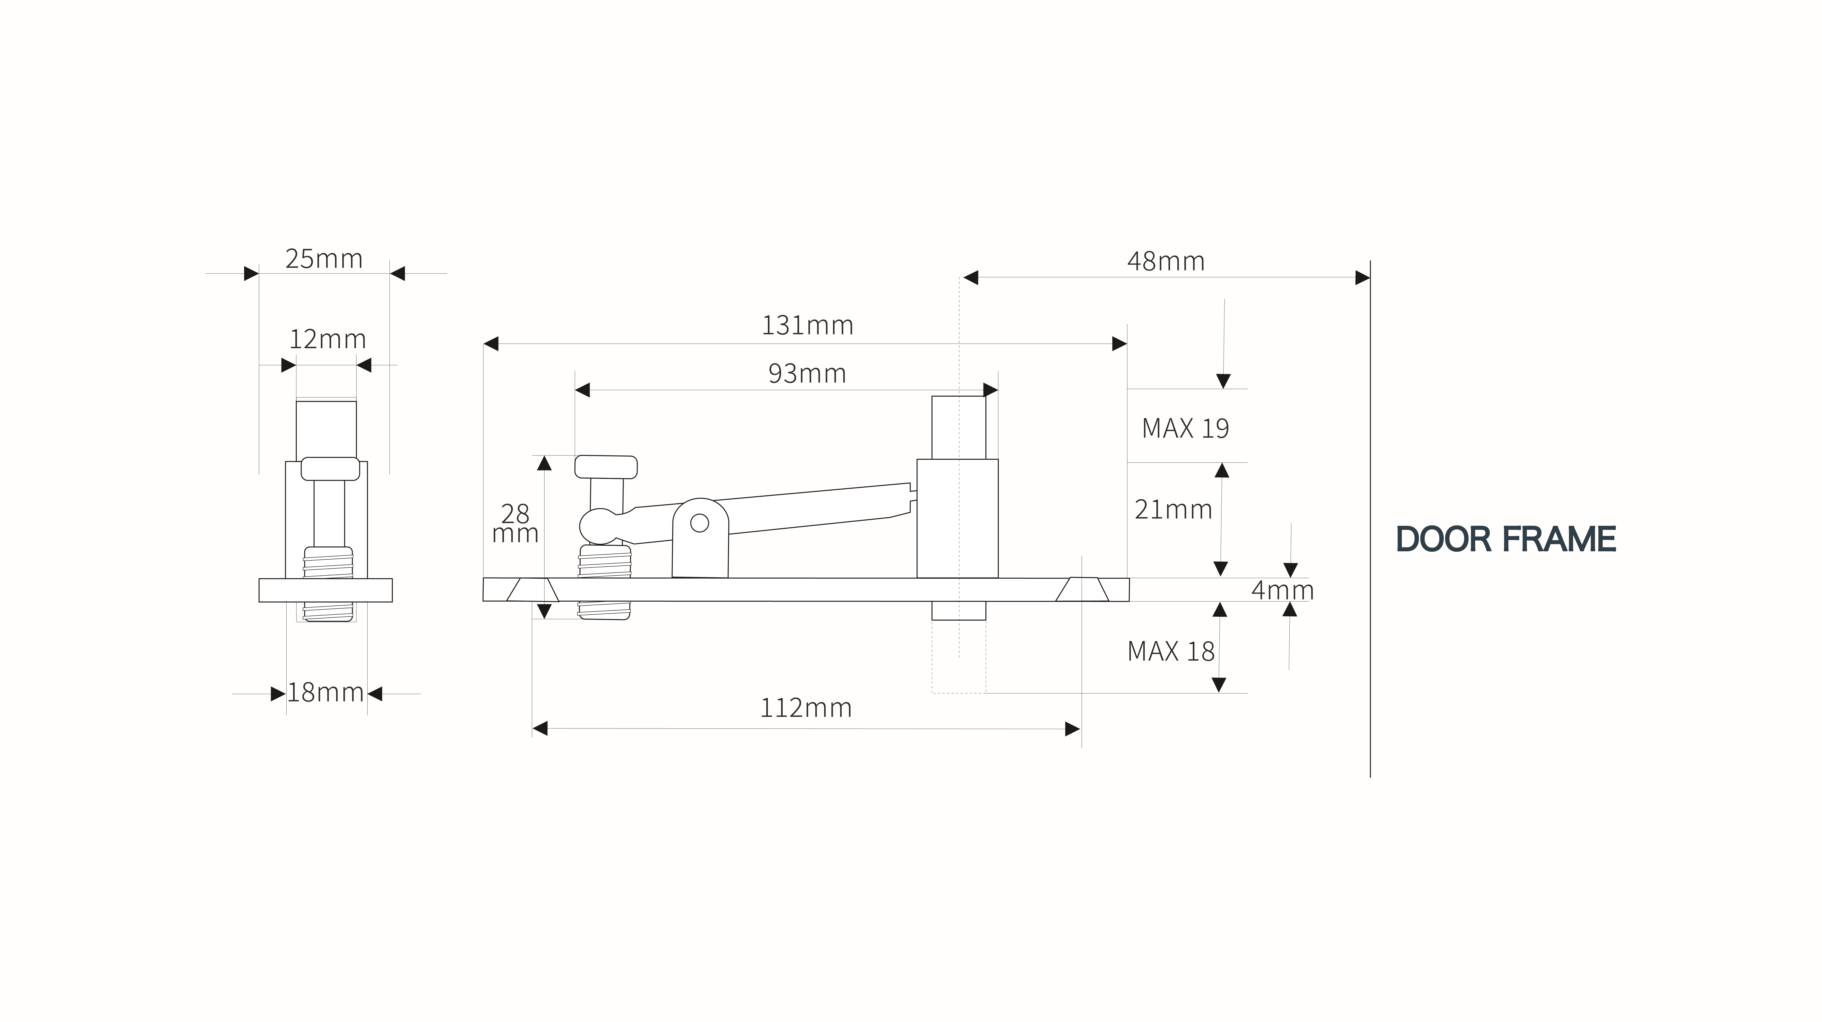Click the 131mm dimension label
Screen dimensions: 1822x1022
point(807,325)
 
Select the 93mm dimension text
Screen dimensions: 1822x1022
point(807,373)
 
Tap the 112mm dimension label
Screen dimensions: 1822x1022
point(806,708)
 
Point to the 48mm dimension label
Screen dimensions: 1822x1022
point(1166,262)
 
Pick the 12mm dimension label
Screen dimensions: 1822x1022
point(327,340)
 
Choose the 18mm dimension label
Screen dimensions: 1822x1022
point(325,692)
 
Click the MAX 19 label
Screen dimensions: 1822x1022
point(1186,429)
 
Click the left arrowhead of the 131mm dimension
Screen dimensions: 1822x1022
point(491,344)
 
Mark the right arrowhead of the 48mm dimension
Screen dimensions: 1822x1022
point(1362,277)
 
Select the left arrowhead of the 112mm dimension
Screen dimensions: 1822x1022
point(540,728)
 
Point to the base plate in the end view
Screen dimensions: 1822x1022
point(325,590)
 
